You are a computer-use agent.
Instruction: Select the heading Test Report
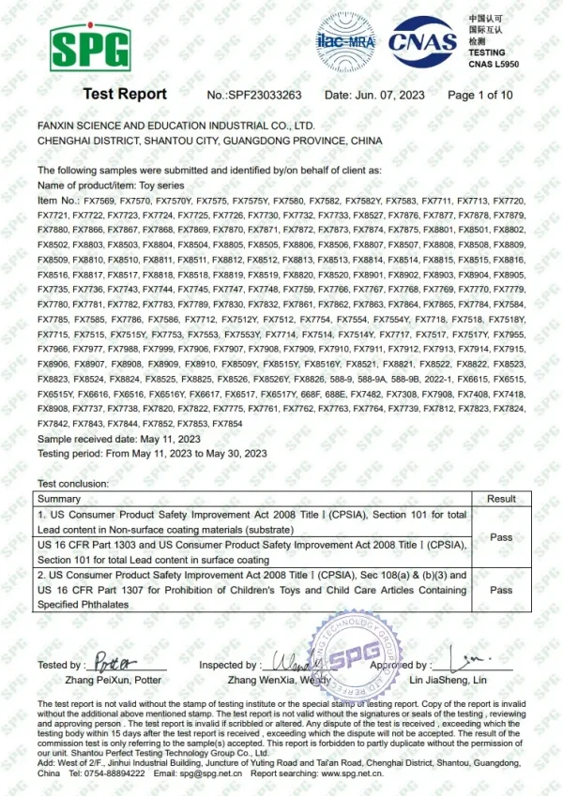125,95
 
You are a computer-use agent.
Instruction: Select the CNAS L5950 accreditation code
495,62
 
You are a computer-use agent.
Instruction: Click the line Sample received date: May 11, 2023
119,439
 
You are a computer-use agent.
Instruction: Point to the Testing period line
152,454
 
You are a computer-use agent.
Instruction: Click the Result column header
501,499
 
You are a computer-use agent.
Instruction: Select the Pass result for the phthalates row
501,590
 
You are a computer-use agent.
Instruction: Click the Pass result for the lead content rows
501,537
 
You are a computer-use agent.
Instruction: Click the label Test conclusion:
72,484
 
